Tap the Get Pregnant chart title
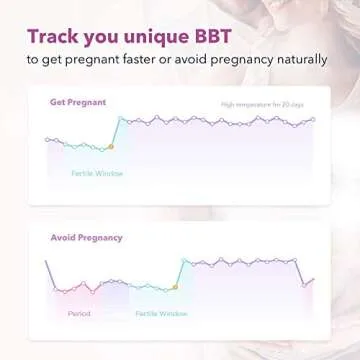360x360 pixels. click(x=78, y=102)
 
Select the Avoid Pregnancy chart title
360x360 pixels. click(x=87, y=238)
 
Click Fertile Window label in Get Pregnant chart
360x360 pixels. click(x=97, y=173)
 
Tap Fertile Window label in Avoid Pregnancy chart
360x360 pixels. click(x=161, y=313)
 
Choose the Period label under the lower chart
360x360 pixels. click(x=79, y=313)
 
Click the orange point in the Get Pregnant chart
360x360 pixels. click(x=111, y=148)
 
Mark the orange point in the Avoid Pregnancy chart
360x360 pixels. click(x=175, y=287)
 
